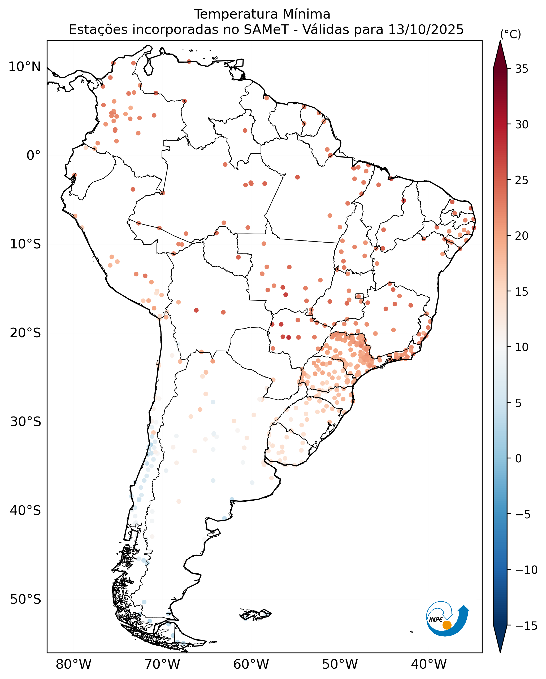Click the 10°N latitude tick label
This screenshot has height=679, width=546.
pos(25,67)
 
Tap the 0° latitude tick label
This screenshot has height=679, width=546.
pos(33,155)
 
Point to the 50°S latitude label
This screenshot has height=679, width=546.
pos(25,599)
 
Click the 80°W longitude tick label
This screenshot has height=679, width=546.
pos(73,664)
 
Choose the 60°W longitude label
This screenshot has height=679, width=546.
pos(251,664)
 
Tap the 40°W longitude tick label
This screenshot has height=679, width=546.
pos(429,664)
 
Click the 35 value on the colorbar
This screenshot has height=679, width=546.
pos(522,69)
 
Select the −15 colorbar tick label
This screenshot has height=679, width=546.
pos(526,626)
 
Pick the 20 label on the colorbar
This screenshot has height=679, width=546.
pos(522,236)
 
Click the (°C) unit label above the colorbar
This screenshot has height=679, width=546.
pos(511,34)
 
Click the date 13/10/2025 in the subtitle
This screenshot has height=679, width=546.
pos(426,30)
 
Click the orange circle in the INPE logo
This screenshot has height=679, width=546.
pos(447,625)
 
